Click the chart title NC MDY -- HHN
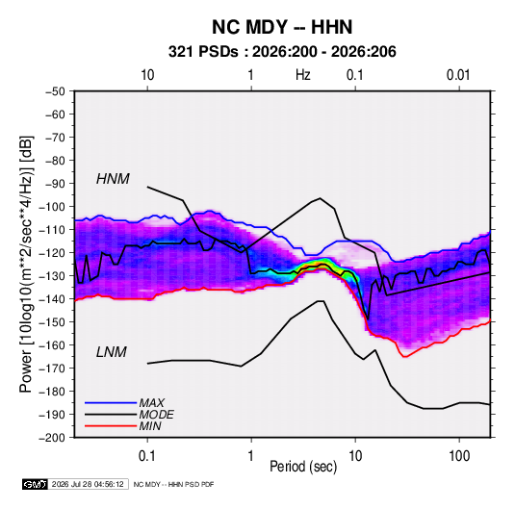(282, 27)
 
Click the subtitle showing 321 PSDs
(282, 52)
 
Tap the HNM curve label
(113, 179)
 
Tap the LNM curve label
(111, 352)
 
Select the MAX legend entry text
(151, 402)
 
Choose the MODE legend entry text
(156, 415)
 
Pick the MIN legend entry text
(150, 426)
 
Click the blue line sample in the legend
(111, 402)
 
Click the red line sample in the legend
(111, 426)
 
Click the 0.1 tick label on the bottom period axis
(147, 456)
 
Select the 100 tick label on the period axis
(459, 456)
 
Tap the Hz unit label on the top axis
(303, 75)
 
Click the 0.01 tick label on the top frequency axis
(458, 75)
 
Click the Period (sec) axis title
(303, 467)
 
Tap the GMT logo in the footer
(36, 484)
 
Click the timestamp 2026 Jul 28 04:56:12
(88, 484)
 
